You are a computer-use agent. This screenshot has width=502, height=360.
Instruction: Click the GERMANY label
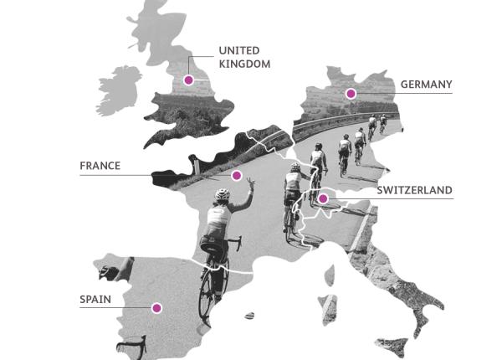pyautogui.click(x=426, y=84)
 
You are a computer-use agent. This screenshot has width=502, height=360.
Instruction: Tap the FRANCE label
pyautogui.click(x=100, y=166)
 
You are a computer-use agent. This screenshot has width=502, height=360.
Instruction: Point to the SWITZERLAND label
pyautogui.click(x=414, y=191)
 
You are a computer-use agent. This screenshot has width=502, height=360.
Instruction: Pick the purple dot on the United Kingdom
pyautogui.click(x=189, y=80)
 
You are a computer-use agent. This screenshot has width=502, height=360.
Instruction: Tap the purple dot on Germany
pyautogui.click(x=351, y=93)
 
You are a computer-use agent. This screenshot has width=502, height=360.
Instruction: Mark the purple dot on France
pyautogui.click(x=237, y=176)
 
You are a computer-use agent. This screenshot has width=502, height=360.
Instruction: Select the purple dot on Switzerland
pyautogui.click(x=323, y=198)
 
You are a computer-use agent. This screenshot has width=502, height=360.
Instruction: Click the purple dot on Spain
pyautogui.click(x=156, y=307)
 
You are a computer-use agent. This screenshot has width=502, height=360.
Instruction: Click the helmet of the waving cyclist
pyautogui.click(x=221, y=195)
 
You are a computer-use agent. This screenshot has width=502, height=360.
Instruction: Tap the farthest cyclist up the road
pyautogui.click(x=384, y=122)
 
